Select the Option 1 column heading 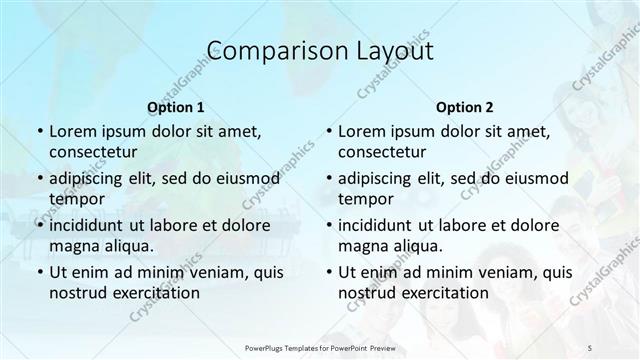[175, 107]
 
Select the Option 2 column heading [465, 107]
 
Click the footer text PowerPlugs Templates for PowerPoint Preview [320, 345]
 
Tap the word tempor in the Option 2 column [365, 198]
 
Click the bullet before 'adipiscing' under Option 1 [39, 179]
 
